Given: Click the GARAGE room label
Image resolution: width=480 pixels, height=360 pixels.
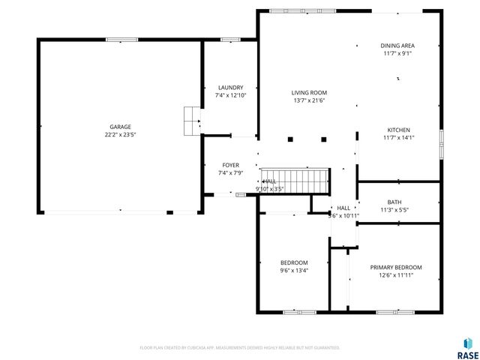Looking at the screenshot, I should (x=120, y=127).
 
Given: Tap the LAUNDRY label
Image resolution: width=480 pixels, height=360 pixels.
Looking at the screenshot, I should (x=230, y=88).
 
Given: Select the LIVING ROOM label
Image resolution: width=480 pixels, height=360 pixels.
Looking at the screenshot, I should (x=308, y=92).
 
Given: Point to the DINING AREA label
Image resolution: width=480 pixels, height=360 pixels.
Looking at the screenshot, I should (x=397, y=46).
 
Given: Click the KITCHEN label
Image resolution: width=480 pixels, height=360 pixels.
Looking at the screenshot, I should (x=397, y=129).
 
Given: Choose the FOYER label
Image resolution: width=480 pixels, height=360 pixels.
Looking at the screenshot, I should (x=230, y=165).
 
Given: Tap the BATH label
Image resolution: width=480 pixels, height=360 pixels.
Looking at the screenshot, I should (x=394, y=202).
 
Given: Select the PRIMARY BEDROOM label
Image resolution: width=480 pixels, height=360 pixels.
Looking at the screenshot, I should (x=395, y=267).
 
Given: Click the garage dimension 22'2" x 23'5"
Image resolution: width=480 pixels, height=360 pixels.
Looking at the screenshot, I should (x=120, y=135).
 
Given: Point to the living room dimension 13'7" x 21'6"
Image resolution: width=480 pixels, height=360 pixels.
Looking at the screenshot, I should (x=308, y=100).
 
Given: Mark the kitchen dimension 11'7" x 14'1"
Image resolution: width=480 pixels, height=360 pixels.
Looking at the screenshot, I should (x=397, y=137).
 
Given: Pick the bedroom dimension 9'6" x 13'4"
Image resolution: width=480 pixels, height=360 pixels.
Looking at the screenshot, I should (x=294, y=271).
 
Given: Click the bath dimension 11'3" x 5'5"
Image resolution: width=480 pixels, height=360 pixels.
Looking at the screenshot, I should (x=394, y=210).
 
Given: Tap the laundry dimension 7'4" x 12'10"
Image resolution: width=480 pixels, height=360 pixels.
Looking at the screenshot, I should (x=230, y=95).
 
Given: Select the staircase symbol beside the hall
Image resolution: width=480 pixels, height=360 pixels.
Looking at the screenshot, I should (x=295, y=181).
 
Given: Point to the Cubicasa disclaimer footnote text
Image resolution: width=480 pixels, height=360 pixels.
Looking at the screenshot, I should (x=240, y=348).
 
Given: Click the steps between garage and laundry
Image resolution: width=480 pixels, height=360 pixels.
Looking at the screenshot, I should (x=193, y=118).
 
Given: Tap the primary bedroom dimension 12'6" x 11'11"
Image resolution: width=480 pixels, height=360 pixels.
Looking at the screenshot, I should (x=395, y=275).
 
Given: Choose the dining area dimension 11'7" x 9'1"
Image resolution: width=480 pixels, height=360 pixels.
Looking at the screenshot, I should (x=397, y=54).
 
